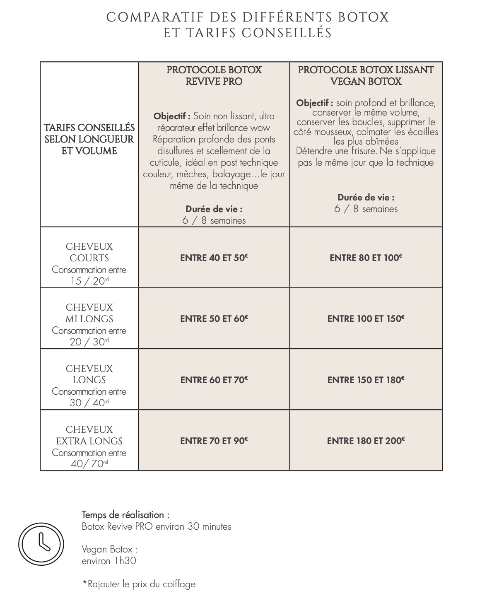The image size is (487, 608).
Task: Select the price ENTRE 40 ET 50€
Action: [x=214, y=258]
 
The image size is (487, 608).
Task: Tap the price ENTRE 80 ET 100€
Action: [x=366, y=258]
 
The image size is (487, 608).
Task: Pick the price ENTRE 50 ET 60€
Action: [x=214, y=318]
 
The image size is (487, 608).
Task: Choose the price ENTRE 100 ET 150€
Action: [x=366, y=318]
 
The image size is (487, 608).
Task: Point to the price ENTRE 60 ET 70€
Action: [x=214, y=380]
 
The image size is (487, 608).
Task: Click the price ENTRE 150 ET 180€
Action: [x=366, y=380]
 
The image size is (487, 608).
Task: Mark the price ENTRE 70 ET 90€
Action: [x=214, y=441]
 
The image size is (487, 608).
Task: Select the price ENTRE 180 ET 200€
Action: [x=366, y=441]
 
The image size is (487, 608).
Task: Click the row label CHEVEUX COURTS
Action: [x=89, y=252]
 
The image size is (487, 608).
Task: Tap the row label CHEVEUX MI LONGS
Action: [x=89, y=313]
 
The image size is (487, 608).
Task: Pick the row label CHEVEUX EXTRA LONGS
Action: [x=89, y=435]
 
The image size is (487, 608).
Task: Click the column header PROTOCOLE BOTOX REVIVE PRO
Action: [x=214, y=75]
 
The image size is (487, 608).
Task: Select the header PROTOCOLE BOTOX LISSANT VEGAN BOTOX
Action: [x=366, y=75]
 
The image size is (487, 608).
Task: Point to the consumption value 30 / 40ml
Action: [x=89, y=403]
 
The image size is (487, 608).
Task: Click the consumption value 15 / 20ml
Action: [x=89, y=281]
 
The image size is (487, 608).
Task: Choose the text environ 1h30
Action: [x=109, y=561]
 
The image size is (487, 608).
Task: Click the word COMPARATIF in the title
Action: [x=155, y=17]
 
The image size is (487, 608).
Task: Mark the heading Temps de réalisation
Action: [x=125, y=515]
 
